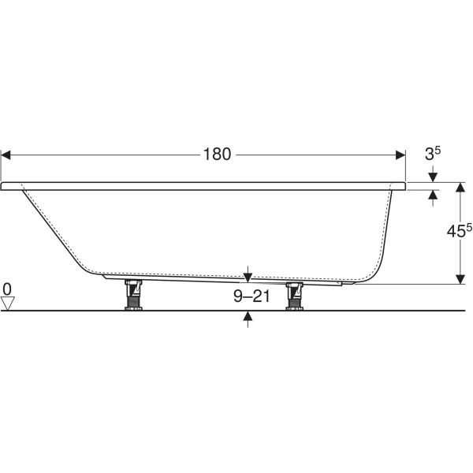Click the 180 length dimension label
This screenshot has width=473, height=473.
point(218,155)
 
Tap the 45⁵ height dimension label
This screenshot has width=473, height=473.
point(460,231)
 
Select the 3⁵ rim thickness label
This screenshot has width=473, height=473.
point(433,153)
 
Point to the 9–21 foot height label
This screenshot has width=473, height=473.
point(251,296)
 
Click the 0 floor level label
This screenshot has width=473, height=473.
point(7,289)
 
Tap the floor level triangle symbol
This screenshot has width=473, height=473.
point(8,304)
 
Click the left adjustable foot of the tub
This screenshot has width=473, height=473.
point(133,295)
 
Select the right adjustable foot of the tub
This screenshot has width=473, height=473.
point(294,296)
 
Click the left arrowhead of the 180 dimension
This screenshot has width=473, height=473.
point(6,155)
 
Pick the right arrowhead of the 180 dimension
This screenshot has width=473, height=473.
point(400,155)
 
